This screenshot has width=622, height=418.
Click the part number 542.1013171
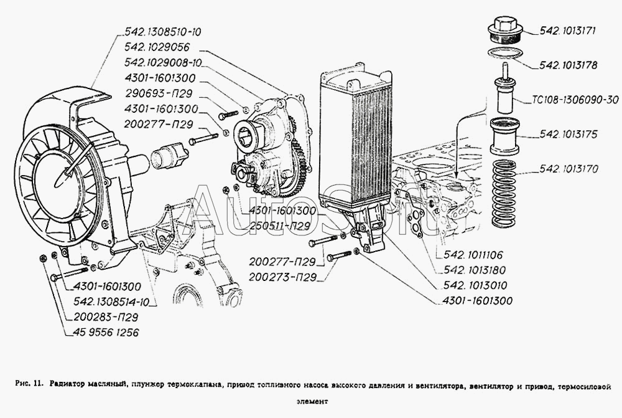[x=568, y=31]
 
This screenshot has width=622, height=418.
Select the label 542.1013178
[x=568, y=65]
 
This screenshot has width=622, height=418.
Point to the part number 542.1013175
[x=568, y=135]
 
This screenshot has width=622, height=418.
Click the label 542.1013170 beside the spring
[x=569, y=169]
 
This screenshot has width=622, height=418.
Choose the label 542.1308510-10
[x=162, y=32]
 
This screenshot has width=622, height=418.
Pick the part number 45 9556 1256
[x=106, y=332]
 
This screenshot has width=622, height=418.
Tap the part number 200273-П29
[x=282, y=277]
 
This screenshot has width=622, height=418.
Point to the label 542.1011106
[x=473, y=255]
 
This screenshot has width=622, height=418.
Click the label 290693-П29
[x=159, y=93]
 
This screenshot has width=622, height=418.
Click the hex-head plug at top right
[x=504, y=29]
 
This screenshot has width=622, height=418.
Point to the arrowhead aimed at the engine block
[x=457, y=175]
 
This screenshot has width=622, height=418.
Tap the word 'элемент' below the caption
[x=312, y=401]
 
